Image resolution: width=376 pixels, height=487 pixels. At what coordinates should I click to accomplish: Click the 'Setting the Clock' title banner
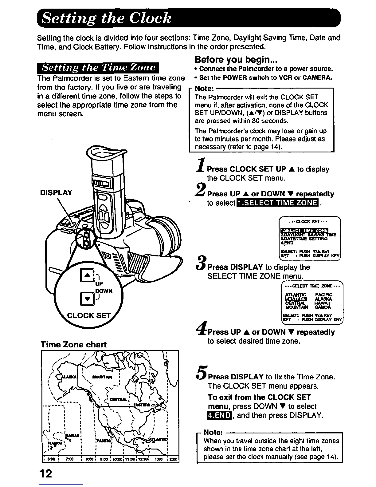click(x=188, y=18)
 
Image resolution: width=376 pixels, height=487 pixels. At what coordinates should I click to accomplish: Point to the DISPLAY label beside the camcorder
click(x=56, y=193)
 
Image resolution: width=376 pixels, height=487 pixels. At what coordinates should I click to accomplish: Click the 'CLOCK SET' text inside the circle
click(x=89, y=315)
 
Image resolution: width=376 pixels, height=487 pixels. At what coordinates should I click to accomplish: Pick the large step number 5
click(x=201, y=374)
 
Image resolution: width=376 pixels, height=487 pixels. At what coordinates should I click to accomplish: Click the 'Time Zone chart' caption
click(x=74, y=344)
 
